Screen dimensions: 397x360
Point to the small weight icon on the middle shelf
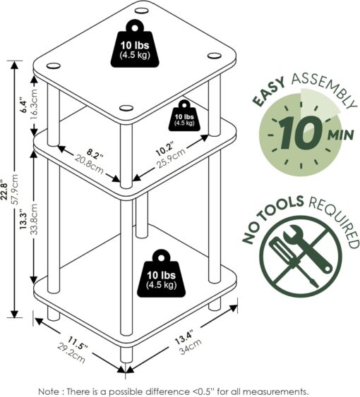click(184, 117)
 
